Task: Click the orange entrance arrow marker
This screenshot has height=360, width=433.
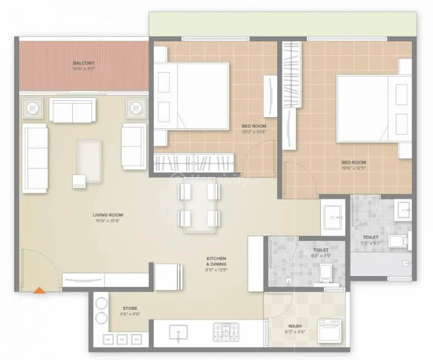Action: pyautogui.click(x=39, y=290)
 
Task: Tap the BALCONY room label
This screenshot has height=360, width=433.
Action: pyautogui.click(x=83, y=63)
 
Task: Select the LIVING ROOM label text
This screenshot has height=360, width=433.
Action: pyautogui.click(x=108, y=215)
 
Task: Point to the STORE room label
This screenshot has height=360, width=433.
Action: pyautogui.click(x=130, y=308)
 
